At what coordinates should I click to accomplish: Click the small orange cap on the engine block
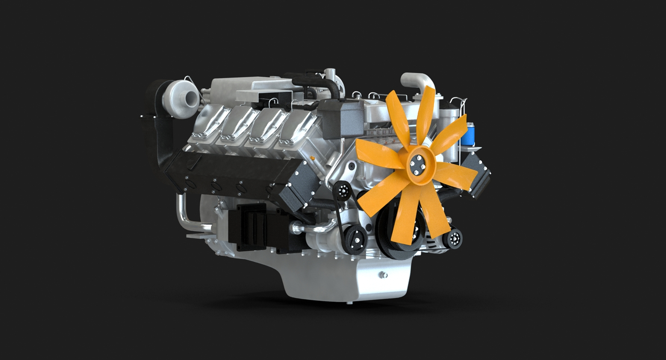[x=313, y=158]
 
